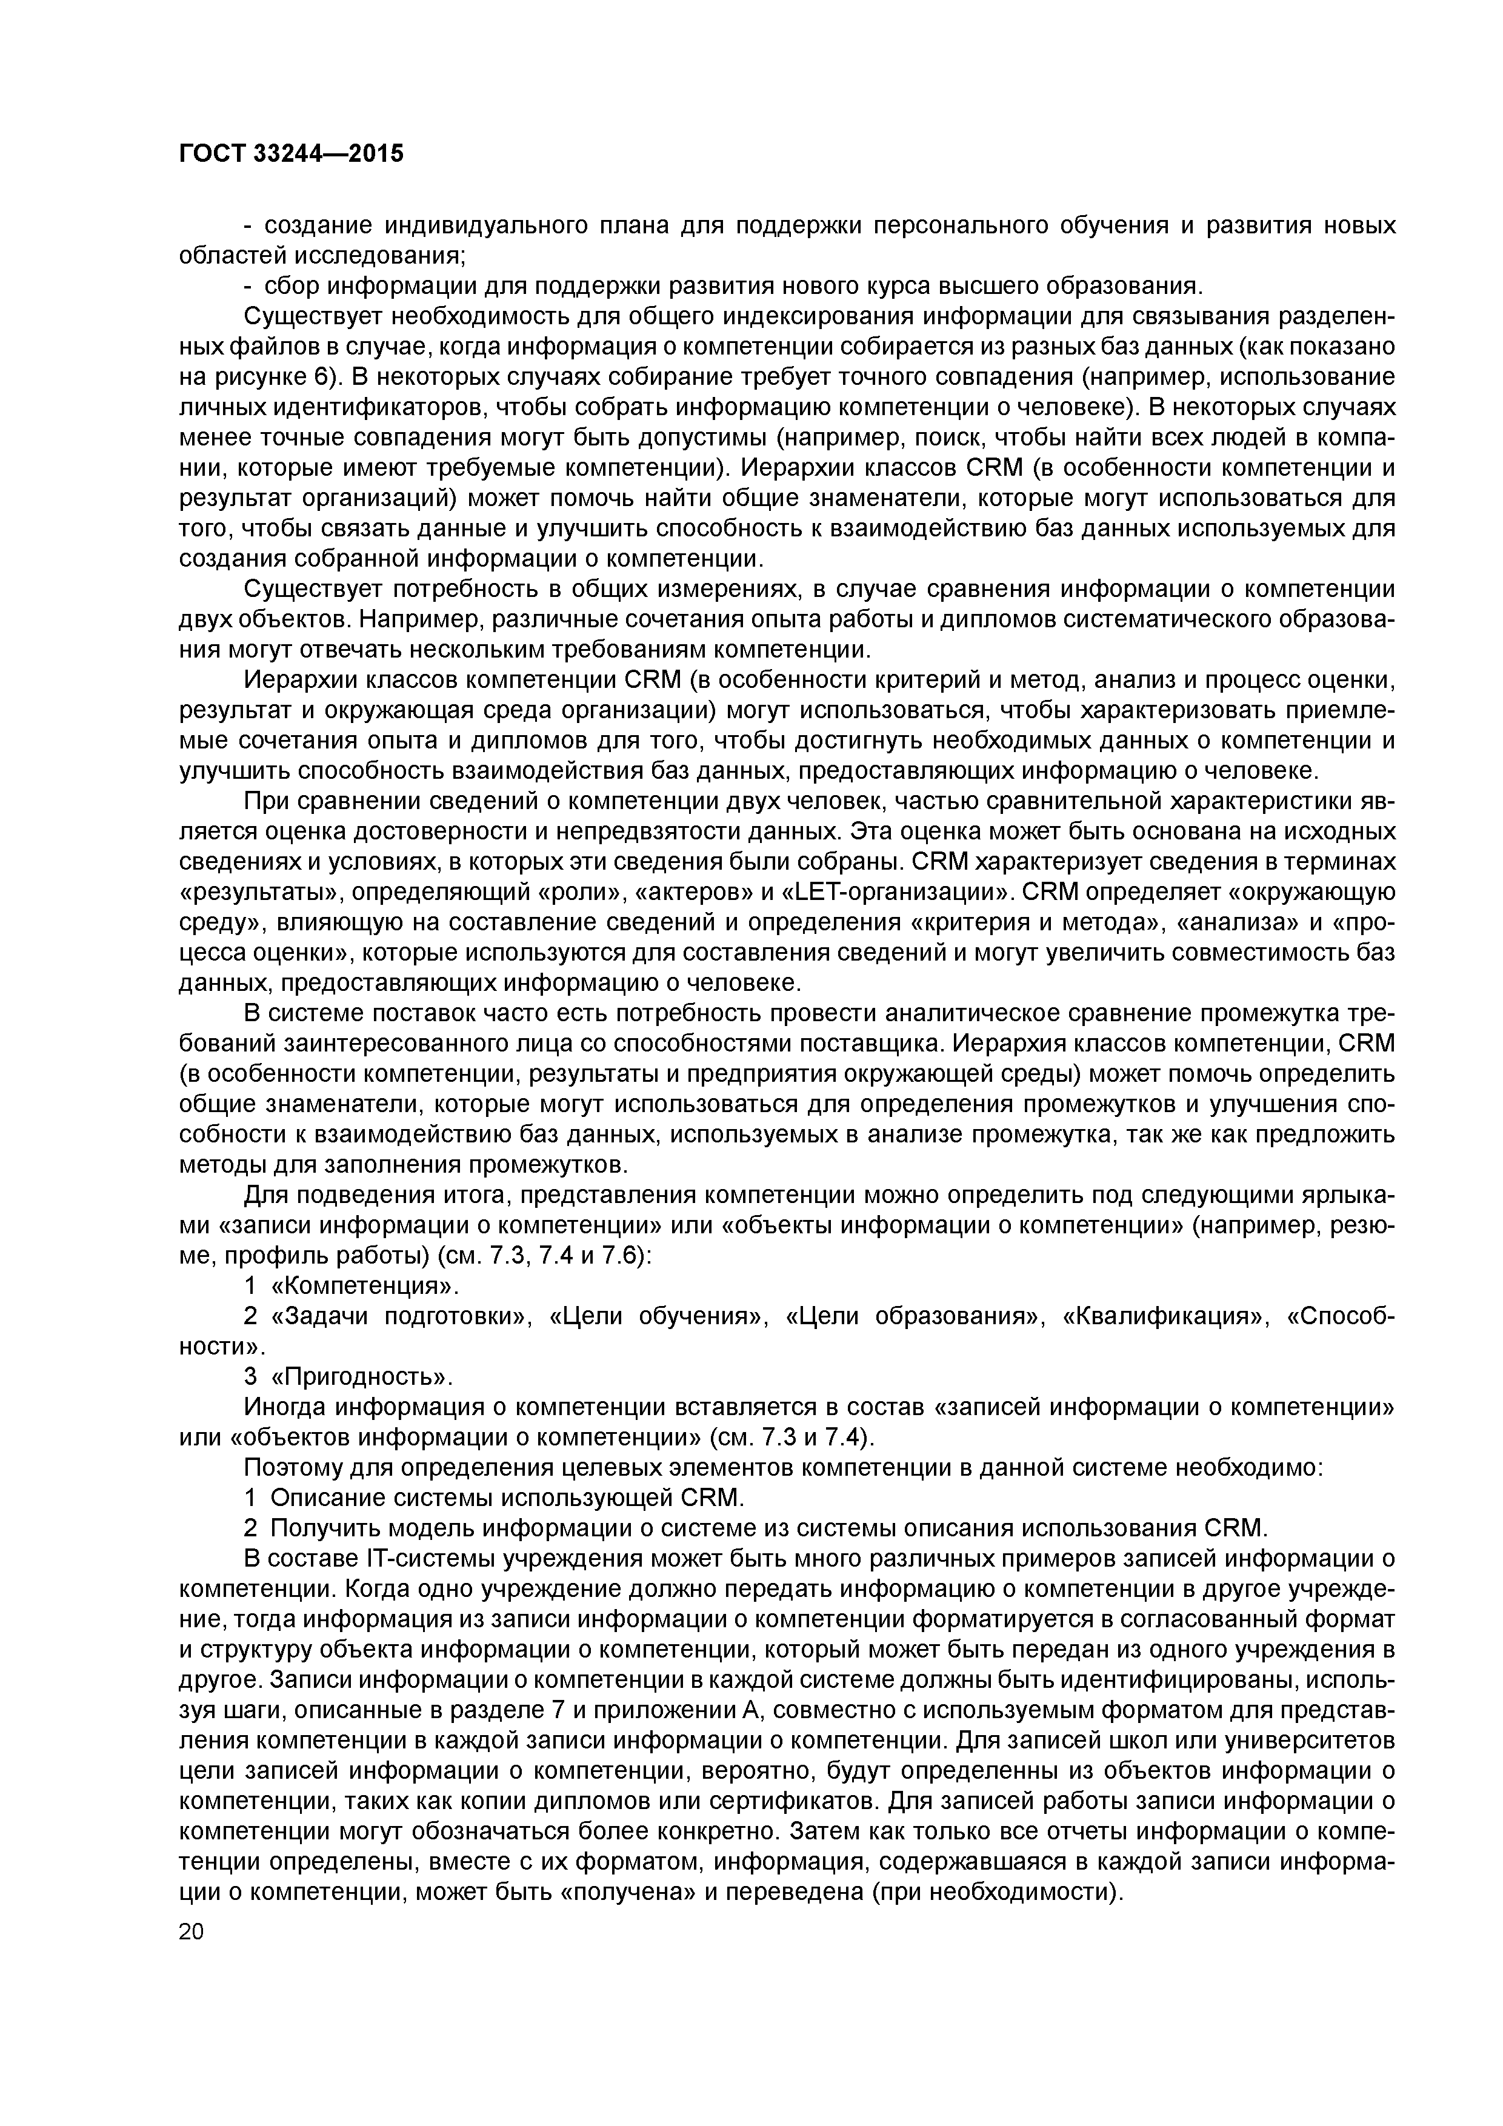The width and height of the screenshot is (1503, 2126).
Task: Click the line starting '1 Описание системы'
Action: (x=493, y=1498)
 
